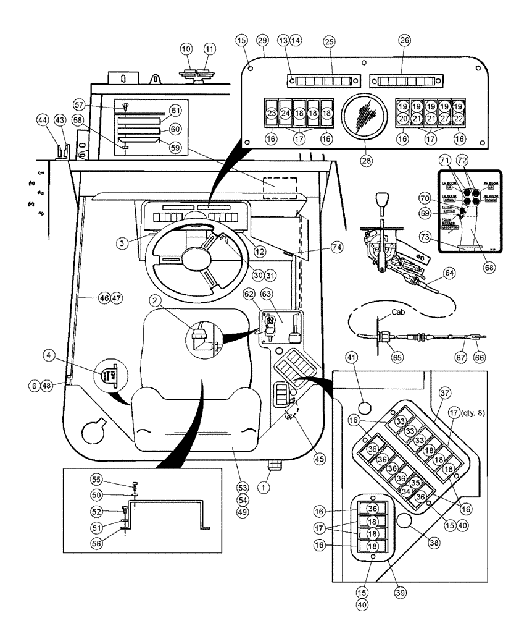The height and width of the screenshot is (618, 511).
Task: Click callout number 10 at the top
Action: pos(186,48)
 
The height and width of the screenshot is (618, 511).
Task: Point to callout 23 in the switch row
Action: pos(272,114)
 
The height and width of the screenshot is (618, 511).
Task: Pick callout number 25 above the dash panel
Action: pos(328,41)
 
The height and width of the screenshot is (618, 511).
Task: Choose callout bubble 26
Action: pos(404,41)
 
